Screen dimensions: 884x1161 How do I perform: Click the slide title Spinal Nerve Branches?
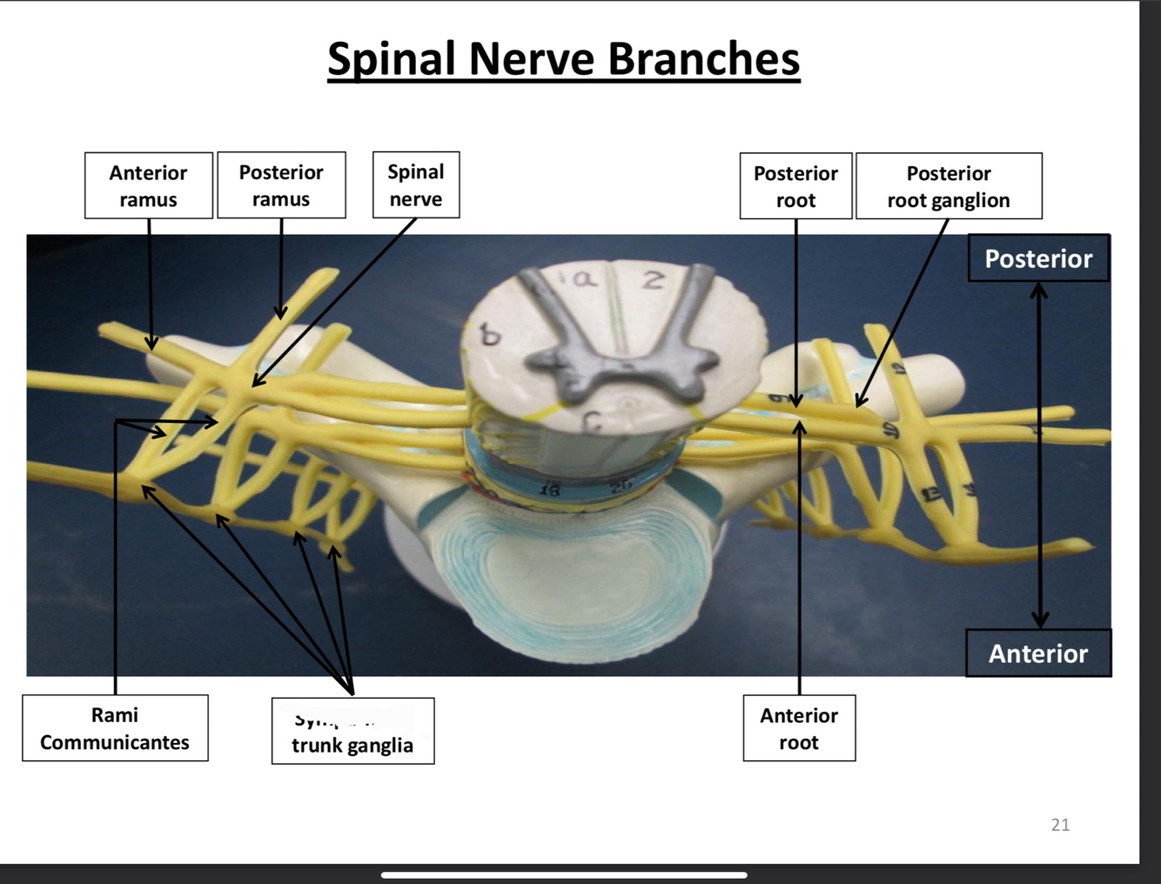pos(563,59)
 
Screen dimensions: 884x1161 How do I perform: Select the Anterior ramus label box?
pos(148,185)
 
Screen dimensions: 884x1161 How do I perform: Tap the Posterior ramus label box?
pos(281,185)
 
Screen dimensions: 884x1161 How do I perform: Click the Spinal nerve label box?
pos(416,184)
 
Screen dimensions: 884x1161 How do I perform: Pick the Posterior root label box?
pos(795,186)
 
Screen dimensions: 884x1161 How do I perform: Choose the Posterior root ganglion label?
pos(949,186)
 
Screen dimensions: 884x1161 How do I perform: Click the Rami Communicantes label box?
pos(115,728)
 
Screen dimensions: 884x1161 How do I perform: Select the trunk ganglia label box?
pos(352,732)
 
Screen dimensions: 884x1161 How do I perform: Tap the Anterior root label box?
pos(799,728)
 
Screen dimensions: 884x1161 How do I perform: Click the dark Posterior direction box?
pos(1038,258)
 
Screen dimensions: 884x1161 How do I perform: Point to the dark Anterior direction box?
pos(1038,653)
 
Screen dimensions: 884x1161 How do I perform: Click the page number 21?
pos(1060,825)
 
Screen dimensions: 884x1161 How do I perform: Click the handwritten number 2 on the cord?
pos(654,280)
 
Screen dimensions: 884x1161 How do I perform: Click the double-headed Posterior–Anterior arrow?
pos(1039,452)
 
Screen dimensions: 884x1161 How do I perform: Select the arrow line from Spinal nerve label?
pos(335,300)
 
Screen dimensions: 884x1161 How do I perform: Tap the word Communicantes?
pos(115,742)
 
